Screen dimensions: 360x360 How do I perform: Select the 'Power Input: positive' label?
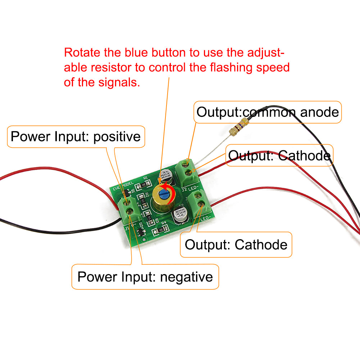[76, 137]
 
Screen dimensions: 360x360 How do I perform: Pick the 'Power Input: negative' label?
[145, 277]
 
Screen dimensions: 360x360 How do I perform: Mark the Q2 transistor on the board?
[141, 232]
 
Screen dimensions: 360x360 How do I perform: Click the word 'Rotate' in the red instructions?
[82, 53]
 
